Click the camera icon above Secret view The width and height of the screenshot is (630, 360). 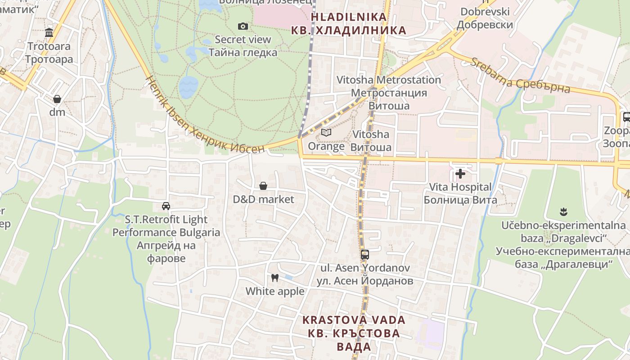243,26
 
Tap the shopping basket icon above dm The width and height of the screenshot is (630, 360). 57,99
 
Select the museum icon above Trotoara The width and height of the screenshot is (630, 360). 49,32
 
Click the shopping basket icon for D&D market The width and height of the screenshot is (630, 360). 263,186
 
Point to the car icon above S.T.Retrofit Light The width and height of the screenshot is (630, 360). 166,206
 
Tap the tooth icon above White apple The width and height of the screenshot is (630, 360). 275,278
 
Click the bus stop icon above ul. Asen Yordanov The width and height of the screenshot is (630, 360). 365,255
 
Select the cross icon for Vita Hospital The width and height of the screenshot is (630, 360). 460,173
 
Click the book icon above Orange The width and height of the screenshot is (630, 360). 326,133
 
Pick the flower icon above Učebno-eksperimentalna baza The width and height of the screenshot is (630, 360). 562,211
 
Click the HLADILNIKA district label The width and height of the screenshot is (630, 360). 349,17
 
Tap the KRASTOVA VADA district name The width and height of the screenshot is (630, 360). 354,320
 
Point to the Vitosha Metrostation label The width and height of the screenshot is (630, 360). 389,80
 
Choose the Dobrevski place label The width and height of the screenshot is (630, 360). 485,12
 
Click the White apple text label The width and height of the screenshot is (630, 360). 275,292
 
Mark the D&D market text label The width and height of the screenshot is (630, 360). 263,199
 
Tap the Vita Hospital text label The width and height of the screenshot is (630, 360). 460,187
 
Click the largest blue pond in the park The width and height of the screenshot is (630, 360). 188,86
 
